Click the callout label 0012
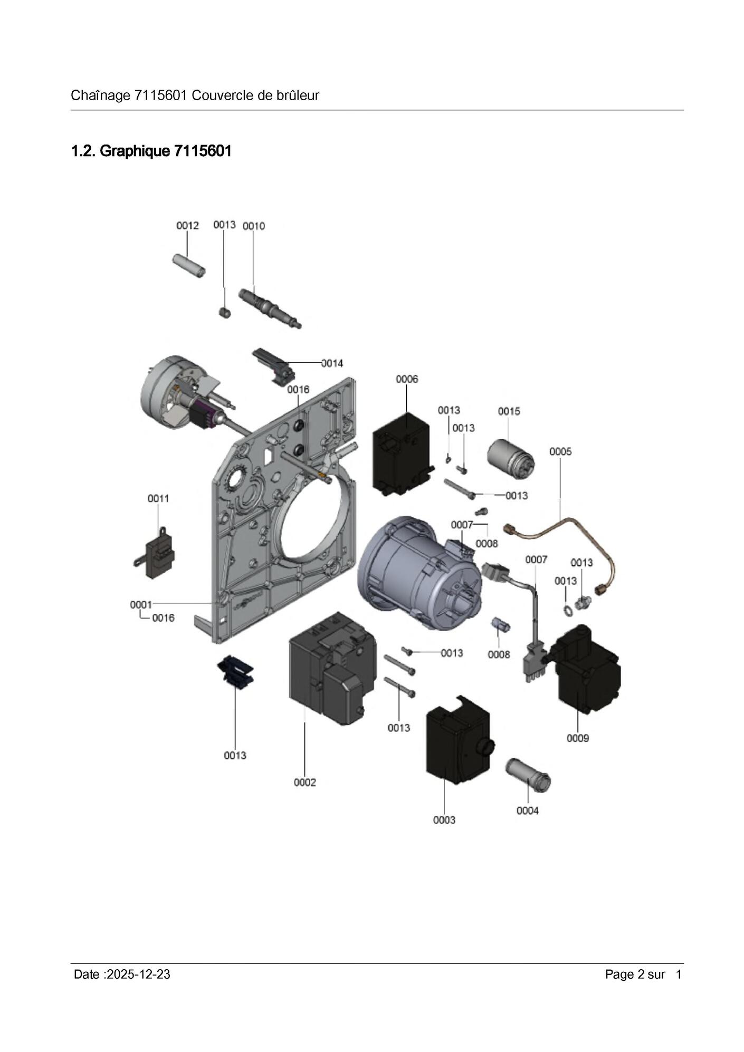(187, 226)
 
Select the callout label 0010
(253, 226)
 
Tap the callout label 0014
(332, 363)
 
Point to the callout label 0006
(407, 379)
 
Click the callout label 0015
(509, 411)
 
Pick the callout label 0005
(560, 451)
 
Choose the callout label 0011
(158, 498)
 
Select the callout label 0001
(141, 605)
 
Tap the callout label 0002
(305, 783)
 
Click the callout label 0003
(444, 820)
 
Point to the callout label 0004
(527, 810)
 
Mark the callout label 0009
(578, 738)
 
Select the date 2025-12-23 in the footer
(138, 974)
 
